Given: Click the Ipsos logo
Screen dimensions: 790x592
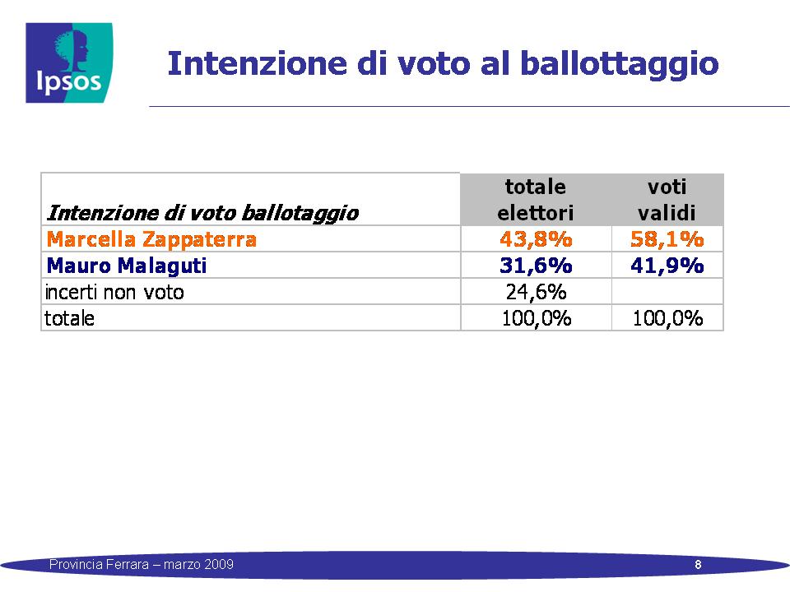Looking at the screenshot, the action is (x=69, y=63).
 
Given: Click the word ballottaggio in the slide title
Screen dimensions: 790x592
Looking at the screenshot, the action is (x=619, y=64).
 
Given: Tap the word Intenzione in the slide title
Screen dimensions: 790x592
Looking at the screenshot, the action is (x=257, y=63).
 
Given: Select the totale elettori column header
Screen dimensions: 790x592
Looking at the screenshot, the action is (x=536, y=200).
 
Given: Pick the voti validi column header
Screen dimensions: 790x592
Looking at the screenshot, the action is (x=667, y=200).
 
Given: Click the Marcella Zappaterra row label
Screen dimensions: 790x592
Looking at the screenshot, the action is (x=151, y=239).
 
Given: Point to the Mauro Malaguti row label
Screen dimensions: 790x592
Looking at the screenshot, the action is (x=127, y=266).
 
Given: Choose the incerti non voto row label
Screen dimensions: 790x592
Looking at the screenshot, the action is (x=114, y=292).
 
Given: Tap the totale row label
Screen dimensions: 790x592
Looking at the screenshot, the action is (x=69, y=318).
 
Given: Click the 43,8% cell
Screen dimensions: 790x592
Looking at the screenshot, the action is (x=536, y=239).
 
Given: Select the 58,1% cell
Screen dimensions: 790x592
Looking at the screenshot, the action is (x=667, y=239).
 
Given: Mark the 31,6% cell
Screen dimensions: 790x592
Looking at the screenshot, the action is (x=536, y=266).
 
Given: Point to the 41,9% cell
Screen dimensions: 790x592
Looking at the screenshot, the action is (x=667, y=266).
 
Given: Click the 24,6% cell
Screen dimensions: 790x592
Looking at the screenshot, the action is (x=536, y=292).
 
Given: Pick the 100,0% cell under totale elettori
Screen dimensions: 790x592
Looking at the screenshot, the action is (x=537, y=318).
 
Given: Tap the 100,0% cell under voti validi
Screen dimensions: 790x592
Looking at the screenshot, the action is (x=667, y=318).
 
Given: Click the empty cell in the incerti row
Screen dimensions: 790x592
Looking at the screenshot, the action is (x=667, y=291).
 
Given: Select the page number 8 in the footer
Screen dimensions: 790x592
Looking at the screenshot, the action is (x=698, y=564).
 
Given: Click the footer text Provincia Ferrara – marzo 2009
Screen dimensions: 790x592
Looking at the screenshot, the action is (x=141, y=564).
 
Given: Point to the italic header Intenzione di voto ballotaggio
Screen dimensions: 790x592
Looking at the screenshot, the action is (x=202, y=213).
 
